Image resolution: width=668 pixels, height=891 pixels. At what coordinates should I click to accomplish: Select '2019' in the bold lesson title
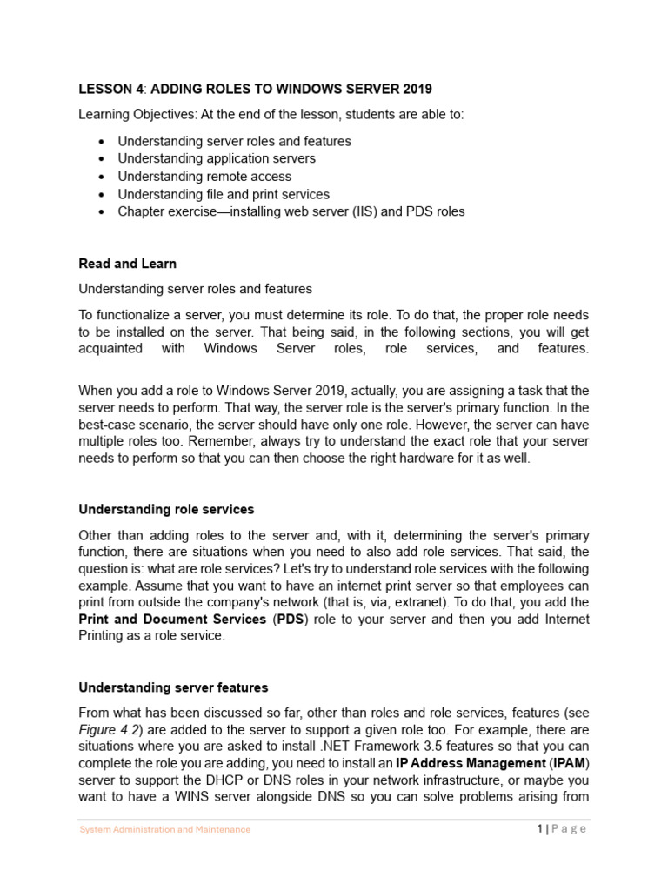tap(417, 90)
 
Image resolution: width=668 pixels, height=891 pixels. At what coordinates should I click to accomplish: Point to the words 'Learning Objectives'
tap(136, 115)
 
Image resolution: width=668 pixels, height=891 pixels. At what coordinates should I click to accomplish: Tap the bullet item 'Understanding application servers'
tap(217, 158)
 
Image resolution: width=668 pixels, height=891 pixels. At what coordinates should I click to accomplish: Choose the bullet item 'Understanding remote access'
tap(204, 177)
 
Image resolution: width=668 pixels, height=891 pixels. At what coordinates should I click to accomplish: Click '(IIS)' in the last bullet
tap(367, 212)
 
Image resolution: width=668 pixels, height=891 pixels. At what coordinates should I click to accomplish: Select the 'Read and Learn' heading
tap(127, 264)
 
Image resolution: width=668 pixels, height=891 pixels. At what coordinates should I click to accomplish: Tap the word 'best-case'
tap(106, 425)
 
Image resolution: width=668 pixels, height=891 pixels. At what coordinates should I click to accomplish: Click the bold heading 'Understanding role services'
tap(166, 509)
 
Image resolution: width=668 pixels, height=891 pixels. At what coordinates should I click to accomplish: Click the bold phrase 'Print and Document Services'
tap(172, 620)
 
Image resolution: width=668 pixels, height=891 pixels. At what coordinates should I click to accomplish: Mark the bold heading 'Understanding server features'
tap(173, 687)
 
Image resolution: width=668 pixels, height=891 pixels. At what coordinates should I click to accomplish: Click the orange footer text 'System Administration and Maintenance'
tap(165, 830)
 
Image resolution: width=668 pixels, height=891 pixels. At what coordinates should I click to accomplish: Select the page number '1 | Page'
tap(562, 829)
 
